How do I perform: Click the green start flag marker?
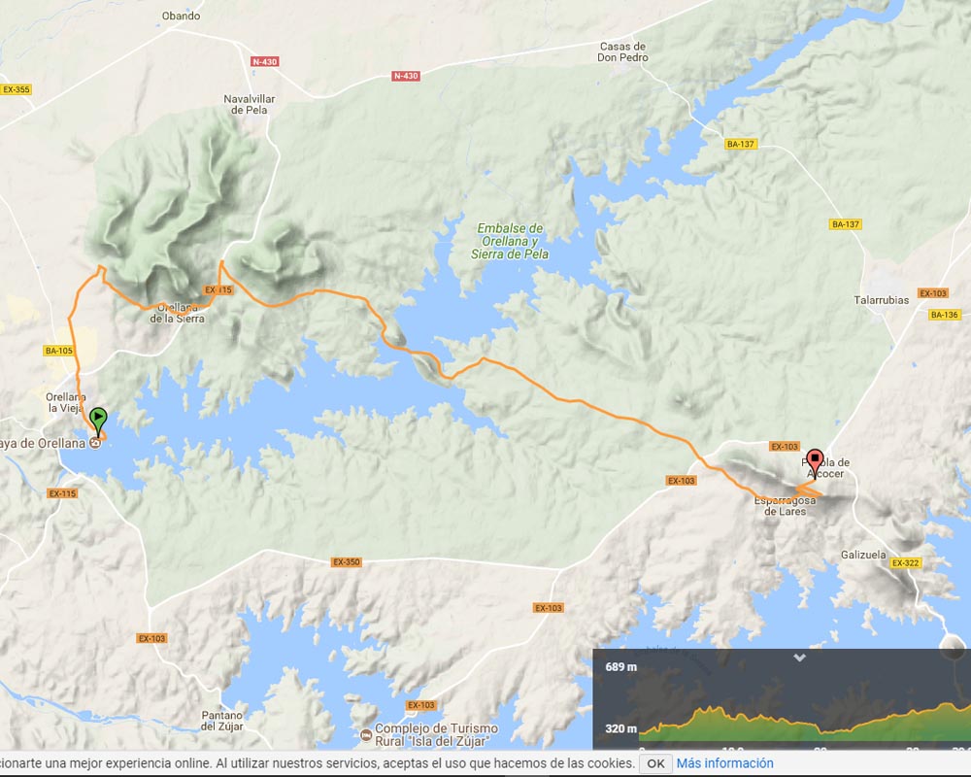(x=98, y=421)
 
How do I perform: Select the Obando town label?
(x=181, y=16)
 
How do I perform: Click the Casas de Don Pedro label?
(x=622, y=51)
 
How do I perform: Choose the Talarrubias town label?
(x=881, y=300)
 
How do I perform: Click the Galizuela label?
(x=864, y=556)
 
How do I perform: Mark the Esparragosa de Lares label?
(x=785, y=505)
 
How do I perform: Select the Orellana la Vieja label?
(x=67, y=402)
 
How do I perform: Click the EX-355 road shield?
(x=17, y=89)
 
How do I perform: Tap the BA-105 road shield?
(x=59, y=351)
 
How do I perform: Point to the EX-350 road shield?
(x=347, y=561)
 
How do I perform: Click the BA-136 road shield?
(x=944, y=315)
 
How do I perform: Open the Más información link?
(x=724, y=763)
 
